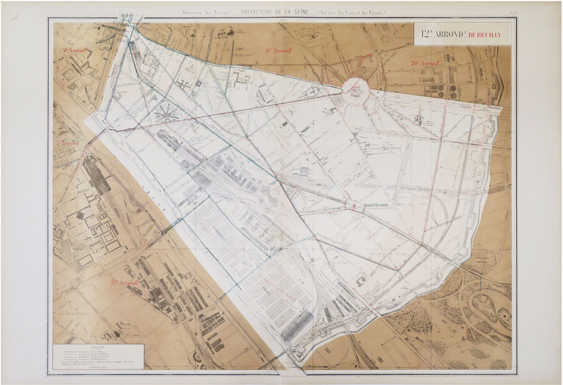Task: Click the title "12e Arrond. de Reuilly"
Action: coord(462,31)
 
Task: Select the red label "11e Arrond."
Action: coord(279,51)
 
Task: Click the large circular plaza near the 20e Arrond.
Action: coord(354,90)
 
